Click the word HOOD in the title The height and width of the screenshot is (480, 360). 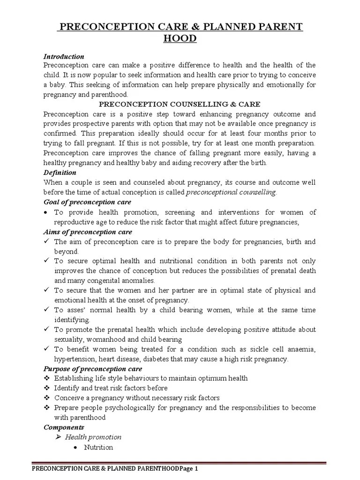(x=180, y=38)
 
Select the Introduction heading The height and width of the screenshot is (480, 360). (x=64, y=56)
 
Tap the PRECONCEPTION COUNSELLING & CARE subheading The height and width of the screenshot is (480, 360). (x=180, y=104)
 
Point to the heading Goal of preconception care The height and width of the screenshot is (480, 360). (x=87, y=202)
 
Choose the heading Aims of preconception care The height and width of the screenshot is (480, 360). (x=88, y=232)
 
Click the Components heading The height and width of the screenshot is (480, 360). (x=64, y=427)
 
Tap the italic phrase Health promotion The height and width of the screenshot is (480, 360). (x=93, y=437)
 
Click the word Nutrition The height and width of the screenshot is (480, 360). (x=98, y=447)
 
